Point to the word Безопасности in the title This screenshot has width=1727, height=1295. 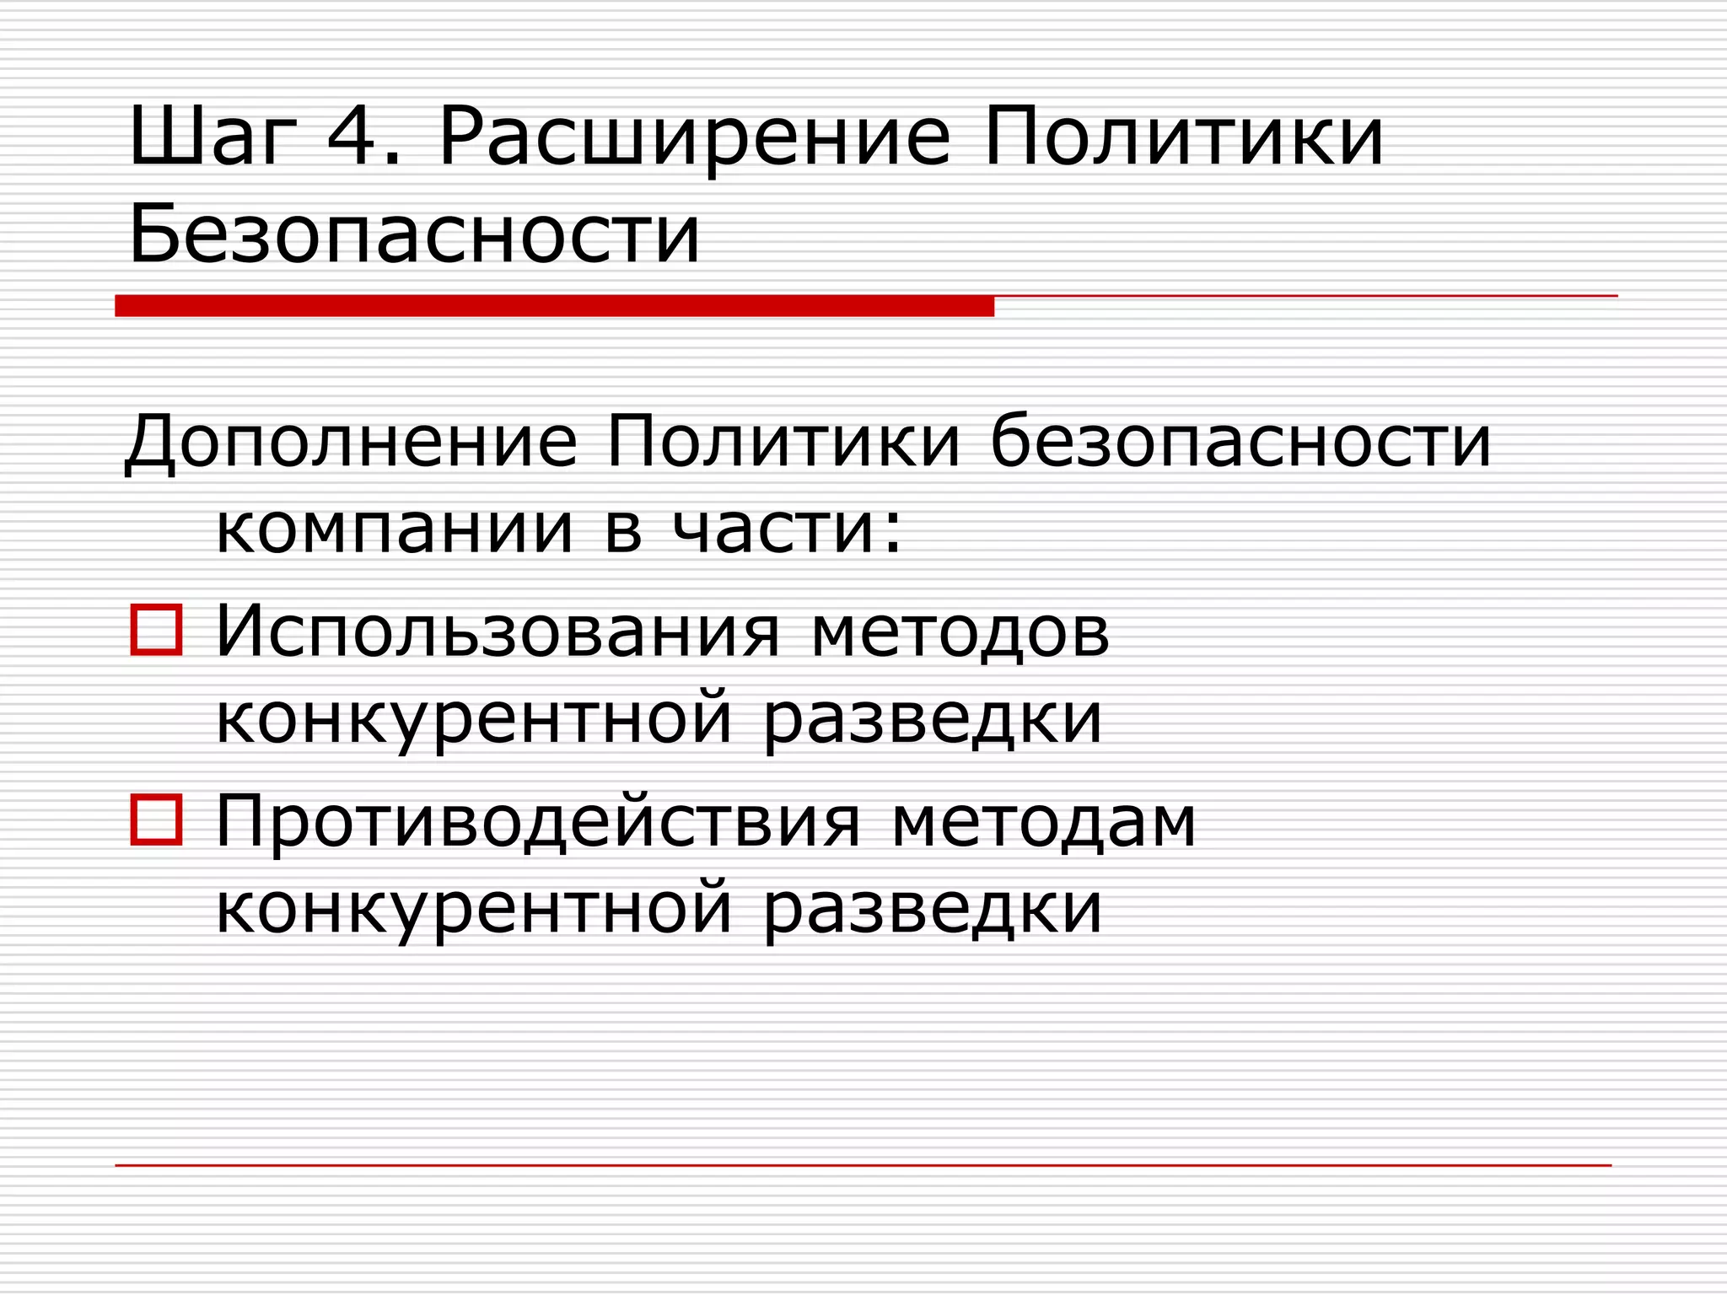[414, 234]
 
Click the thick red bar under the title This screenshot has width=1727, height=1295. [554, 306]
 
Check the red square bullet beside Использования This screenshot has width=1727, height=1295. [156, 630]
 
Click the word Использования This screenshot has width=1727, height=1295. [498, 632]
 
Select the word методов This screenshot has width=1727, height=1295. [960, 632]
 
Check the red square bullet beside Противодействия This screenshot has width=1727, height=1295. [156, 819]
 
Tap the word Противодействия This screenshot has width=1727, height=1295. [538, 822]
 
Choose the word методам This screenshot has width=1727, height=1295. [1044, 822]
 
